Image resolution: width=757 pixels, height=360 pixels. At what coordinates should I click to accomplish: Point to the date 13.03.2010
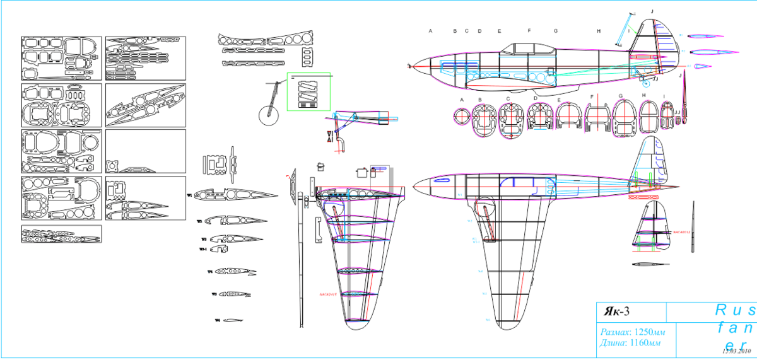(734, 351)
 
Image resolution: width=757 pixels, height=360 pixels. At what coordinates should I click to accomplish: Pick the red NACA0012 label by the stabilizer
(683, 232)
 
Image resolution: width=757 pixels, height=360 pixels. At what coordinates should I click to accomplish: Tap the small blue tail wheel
(645, 83)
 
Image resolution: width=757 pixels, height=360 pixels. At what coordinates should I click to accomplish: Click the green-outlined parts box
(309, 91)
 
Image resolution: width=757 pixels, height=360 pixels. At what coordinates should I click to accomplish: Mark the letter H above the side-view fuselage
(599, 30)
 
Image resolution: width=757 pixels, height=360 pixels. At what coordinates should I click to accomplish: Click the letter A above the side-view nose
(431, 30)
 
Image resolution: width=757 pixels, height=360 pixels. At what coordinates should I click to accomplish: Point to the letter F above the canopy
(529, 30)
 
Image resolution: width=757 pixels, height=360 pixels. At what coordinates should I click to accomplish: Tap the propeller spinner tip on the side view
(411, 66)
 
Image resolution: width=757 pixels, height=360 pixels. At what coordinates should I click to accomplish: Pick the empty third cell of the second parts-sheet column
(146, 151)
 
